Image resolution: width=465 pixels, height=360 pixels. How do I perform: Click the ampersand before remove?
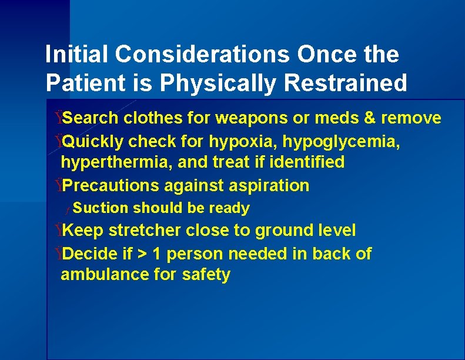(370, 118)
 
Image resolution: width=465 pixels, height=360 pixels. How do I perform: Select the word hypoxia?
(242, 142)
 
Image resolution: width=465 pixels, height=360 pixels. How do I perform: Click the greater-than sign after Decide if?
(142, 254)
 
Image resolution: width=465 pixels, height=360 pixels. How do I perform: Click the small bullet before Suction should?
(68, 209)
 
